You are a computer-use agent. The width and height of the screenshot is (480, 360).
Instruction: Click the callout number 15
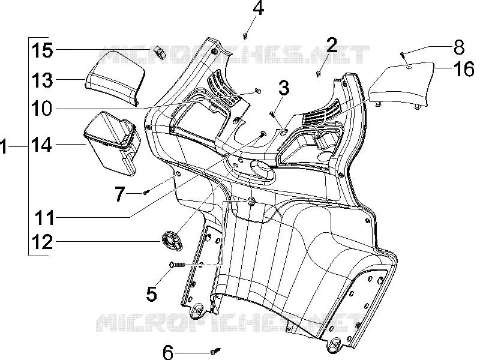(42, 50)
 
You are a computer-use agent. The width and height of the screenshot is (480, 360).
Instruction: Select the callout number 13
(42, 80)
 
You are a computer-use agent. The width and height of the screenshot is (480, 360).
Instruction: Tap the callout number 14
(41, 145)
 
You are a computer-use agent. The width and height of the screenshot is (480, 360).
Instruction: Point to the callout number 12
(43, 242)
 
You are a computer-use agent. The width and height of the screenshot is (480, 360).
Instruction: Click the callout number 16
(464, 68)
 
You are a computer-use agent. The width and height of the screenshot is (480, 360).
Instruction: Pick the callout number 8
(459, 47)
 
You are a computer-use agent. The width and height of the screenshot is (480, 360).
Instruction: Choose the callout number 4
(259, 8)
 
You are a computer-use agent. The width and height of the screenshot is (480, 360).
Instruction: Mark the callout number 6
(168, 352)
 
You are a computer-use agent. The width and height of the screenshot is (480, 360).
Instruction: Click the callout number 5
(152, 293)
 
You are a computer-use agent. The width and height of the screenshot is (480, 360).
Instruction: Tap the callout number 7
(120, 194)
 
